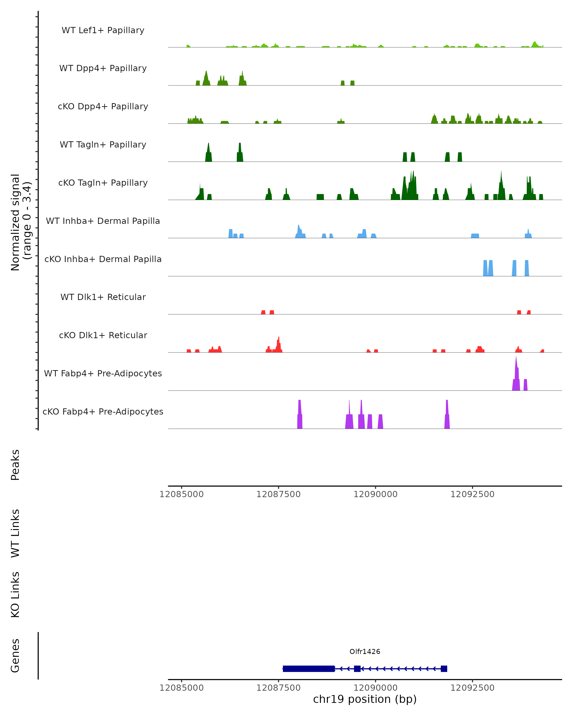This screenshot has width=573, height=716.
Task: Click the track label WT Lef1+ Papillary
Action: point(103,30)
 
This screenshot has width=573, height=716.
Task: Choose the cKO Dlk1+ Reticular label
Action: point(103,335)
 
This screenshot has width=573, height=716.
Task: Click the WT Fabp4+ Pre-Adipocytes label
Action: point(103,373)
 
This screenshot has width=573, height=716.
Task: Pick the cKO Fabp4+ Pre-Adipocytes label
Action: point(103,411)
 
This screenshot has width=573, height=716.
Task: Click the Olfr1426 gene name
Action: point(365,652)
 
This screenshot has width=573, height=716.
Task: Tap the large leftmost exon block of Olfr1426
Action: point(309,669)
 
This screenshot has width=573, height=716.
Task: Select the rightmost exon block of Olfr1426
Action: point(444,669)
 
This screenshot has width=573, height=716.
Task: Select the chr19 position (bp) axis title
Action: point(365,699)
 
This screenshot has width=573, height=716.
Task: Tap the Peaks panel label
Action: point(15,465)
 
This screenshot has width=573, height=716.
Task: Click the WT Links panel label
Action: point(15,533)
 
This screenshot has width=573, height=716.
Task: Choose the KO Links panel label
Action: point(15,595)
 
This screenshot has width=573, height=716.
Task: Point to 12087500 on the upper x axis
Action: point(278,494)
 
